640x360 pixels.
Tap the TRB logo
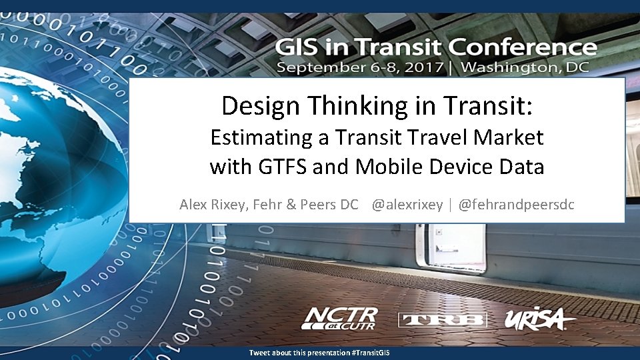(443, 320)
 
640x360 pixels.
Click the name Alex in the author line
(193, 205)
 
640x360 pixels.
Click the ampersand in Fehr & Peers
(290, 205)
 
